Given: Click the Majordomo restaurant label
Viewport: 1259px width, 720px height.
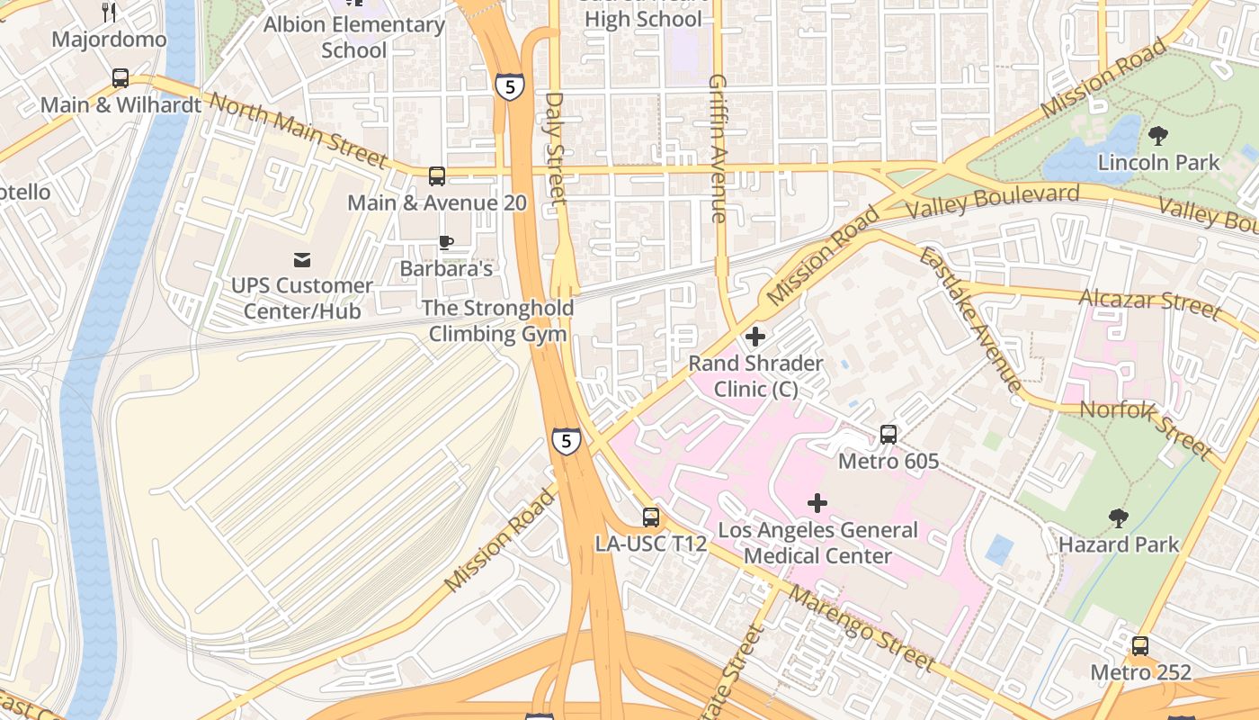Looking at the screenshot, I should click(109, 40).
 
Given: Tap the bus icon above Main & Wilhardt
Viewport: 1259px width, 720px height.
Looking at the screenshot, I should click(121, 78).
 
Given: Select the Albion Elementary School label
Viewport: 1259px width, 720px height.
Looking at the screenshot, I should click(353, 37).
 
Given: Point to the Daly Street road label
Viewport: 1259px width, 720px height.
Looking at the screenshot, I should click(556, 148).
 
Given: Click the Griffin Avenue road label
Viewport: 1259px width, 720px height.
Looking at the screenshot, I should click(717, 148).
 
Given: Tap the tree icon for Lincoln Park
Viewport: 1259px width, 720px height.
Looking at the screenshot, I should click(1158, 136).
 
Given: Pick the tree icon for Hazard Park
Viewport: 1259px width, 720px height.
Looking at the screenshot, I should click(1118, 517).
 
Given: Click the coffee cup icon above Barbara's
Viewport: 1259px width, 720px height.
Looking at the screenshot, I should click(445, 242).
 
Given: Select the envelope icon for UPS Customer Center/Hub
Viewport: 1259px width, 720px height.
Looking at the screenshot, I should click(302, 260).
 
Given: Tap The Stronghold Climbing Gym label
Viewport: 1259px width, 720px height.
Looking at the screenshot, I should click(497, 321).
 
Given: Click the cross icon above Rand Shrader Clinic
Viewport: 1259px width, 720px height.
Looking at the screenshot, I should click(755, 337).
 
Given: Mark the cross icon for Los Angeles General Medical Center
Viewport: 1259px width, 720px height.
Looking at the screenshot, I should click(817, 502).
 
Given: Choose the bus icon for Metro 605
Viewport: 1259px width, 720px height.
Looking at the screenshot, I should click(888, 435).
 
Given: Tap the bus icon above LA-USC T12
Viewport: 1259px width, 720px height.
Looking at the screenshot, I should click(650, 517).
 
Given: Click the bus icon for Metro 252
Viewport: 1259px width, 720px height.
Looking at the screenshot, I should click(1139, 645).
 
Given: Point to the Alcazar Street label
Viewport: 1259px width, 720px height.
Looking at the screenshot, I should click(1150, 304).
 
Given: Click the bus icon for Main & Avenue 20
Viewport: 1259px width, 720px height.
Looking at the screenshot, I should click(436, 176).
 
